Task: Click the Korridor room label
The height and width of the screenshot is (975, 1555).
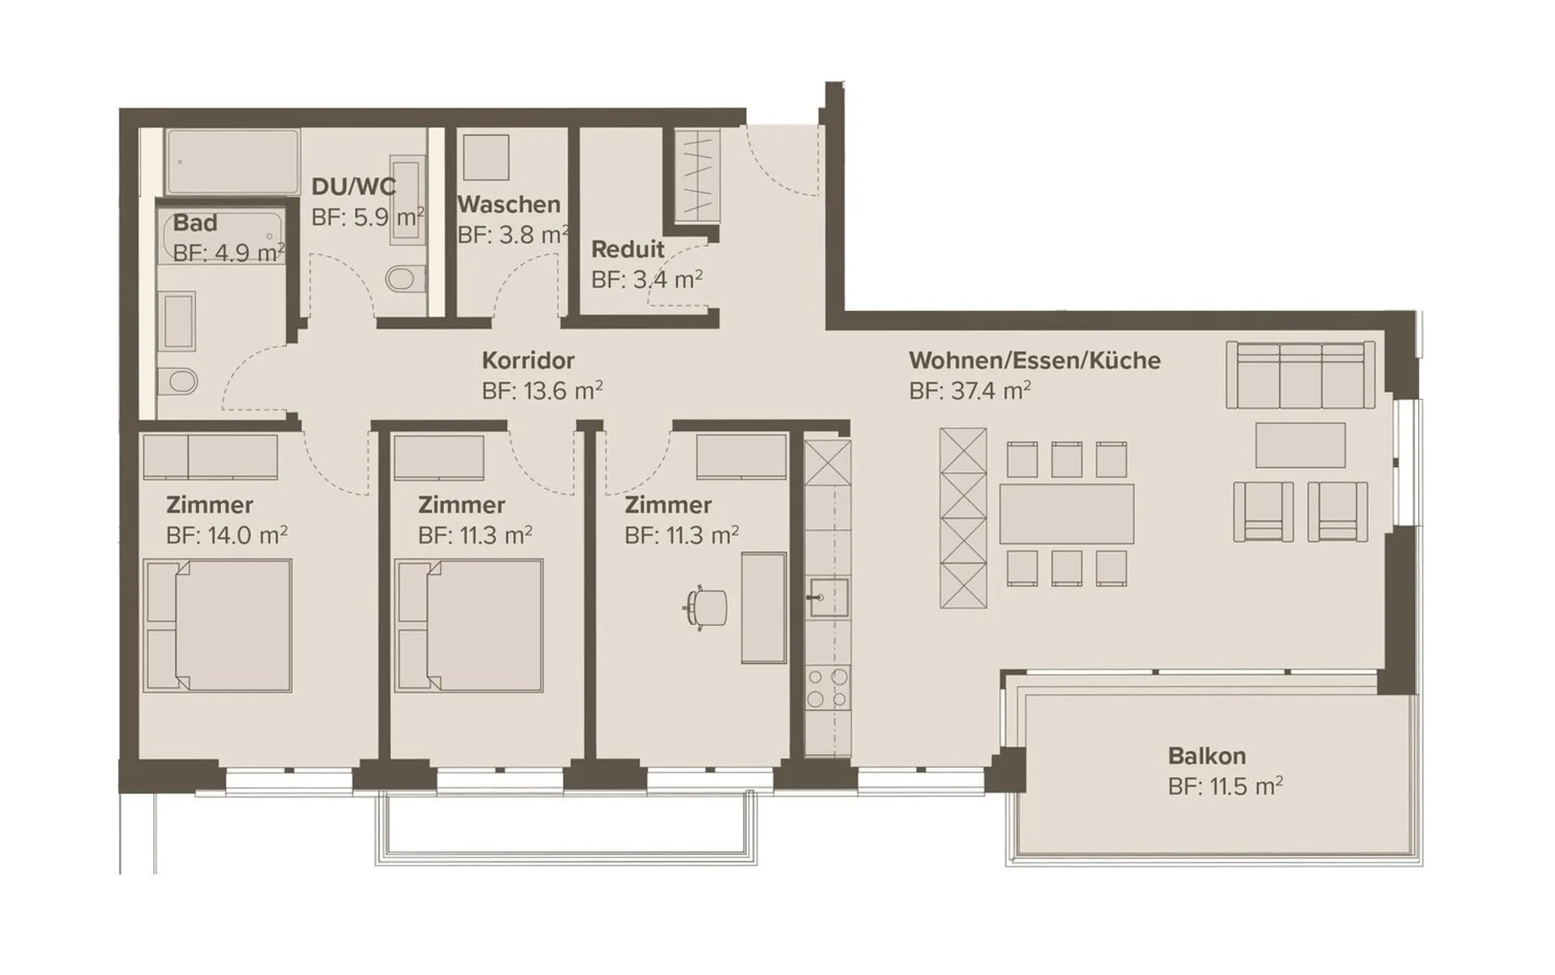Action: click(528, 360)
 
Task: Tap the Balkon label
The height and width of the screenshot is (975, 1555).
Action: click(1207, 756)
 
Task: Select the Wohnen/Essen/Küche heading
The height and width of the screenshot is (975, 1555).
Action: click(1034, 360)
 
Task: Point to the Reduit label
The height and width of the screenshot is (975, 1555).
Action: click(628, 249)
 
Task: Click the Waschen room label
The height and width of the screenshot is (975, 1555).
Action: click(509, 205)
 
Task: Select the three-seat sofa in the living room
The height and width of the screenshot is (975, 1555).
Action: click(1301, 374)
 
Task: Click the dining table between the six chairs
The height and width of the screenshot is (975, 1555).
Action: click(1067, 514)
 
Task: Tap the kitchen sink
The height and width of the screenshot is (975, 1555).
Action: click(829, 598)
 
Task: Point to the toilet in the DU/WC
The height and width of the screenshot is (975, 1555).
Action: click(406, 279)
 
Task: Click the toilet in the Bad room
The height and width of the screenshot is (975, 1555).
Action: click(177, 381)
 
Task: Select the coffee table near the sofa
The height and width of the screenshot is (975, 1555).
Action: click(1300, 445)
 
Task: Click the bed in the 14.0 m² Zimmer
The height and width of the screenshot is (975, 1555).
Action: click(217, 626)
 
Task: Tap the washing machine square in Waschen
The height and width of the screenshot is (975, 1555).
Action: click(486, 157)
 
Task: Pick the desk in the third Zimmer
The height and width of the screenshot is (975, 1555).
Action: click(764, 608)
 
